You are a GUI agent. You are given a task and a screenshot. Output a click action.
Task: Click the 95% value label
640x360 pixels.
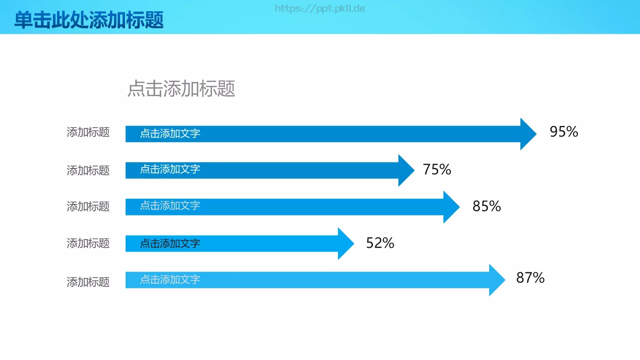(x=564, y=132)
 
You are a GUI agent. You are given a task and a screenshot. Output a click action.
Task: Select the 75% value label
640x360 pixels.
(x=437, y=170)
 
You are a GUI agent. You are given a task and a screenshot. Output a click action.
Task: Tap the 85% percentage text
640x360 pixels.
(x=486, y=206)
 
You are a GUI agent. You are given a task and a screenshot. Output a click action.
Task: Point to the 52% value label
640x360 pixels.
(x=380, y=243)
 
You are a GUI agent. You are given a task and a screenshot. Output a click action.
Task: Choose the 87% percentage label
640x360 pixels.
(x=530, y=278)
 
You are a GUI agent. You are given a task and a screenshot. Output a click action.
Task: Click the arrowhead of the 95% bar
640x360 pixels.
(x=527, y=134)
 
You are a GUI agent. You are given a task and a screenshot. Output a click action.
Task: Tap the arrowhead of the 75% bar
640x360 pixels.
(x=405, y=170)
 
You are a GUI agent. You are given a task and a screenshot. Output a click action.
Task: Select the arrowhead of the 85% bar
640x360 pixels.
(x=450, y=207)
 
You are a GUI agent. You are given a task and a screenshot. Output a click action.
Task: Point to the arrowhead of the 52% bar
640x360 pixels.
(x=345, y=244)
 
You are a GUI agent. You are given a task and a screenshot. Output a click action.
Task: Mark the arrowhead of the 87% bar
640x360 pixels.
(x=496, y=280)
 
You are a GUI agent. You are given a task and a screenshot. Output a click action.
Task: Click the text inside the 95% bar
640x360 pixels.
(x=170, y=134)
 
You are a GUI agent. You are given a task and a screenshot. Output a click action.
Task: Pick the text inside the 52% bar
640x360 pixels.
(x=170, y=244)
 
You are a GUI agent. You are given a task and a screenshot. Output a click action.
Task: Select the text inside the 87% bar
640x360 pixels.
(x=170, y=280)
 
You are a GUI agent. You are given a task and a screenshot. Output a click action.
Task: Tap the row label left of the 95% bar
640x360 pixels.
(x=88, y=132)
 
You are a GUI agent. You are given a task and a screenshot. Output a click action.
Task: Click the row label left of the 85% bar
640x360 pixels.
(x=88, y=207)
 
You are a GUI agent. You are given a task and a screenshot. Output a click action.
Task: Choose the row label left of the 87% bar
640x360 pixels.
(x=88, y=282)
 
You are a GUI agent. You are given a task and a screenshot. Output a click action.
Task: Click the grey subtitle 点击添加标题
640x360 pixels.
(x=181, y=88)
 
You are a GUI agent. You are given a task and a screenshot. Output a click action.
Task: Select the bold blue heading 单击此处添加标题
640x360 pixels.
(x=89, y=20)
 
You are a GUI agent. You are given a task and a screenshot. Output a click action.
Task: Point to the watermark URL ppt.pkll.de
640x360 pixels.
(x=320, y=8)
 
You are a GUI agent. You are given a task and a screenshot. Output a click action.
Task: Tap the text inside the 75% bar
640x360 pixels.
(x=170, y=169)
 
